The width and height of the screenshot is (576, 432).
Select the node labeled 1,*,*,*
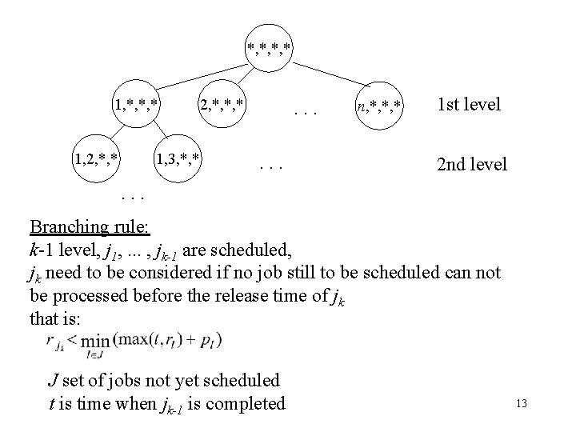(x=137, y=105)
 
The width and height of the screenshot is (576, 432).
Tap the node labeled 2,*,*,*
(x=222, y=105)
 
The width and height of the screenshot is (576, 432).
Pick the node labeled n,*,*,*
(x=380, y=105)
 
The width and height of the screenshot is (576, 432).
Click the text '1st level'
(x=469, y=105)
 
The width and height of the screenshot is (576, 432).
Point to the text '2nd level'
(x=471, y=165)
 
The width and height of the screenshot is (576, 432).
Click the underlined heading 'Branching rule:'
(x=89, y=227)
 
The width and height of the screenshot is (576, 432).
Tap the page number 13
(x=522, y=404)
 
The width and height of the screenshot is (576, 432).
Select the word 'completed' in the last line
(x=246, y=403)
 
